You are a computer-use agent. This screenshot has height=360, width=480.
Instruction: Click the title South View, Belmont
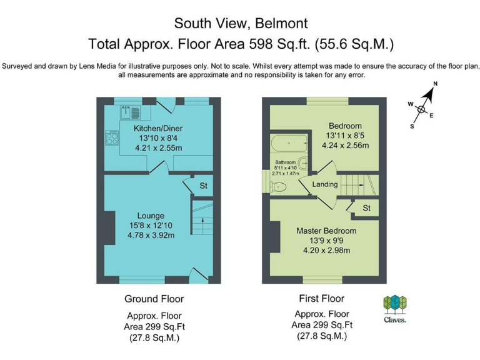241,24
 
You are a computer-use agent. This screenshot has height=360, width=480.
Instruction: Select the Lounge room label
151,216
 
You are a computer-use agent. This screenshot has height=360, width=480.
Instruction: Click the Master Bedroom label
326,231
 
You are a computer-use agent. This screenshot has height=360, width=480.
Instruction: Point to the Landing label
325,184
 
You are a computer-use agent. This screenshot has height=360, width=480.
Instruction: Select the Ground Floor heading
154,299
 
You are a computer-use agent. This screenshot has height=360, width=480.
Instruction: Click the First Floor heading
321,298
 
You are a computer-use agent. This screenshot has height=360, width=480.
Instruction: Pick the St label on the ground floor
203,186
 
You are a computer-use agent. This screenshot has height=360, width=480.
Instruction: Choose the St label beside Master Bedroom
366,208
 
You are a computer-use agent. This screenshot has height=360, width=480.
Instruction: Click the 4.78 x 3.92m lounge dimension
151,236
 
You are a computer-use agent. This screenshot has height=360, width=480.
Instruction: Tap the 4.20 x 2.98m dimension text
326,251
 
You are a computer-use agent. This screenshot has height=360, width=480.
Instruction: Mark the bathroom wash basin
303,164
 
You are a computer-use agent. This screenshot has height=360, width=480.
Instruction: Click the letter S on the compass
412,126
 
